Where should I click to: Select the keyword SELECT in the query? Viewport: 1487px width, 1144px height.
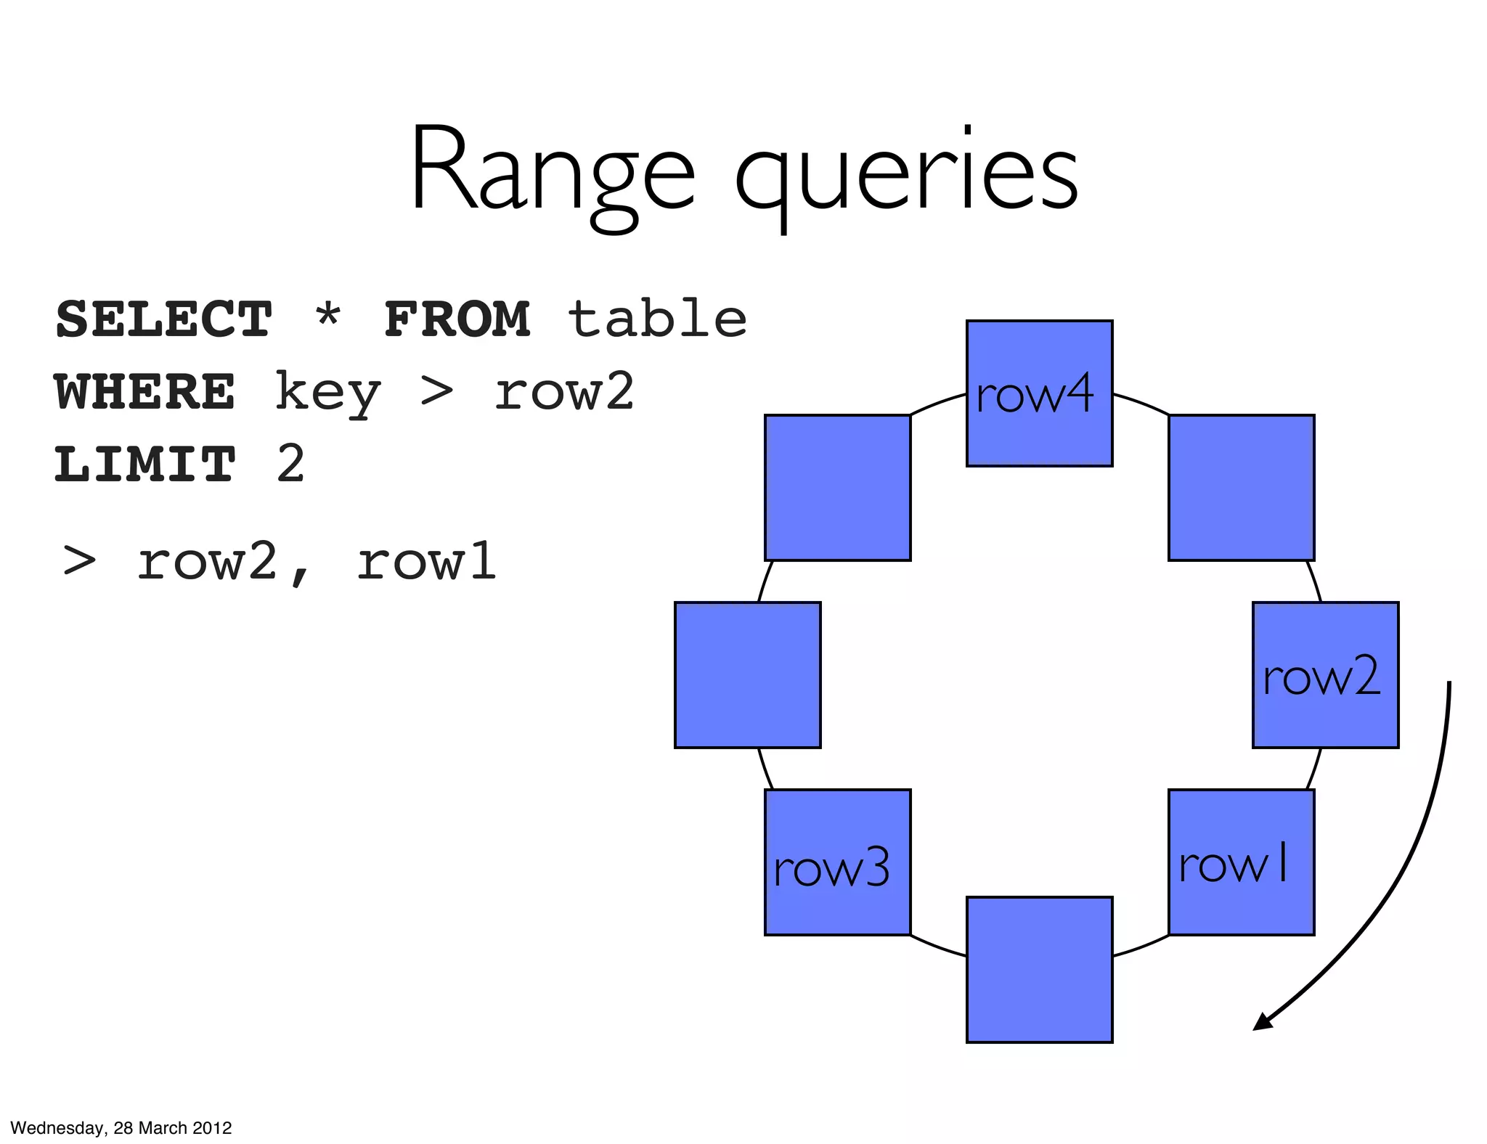click(x=164, y=319)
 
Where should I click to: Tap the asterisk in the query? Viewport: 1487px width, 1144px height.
click(x=328, y=316)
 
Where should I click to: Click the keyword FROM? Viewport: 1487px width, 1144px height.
click(x=457, y=319)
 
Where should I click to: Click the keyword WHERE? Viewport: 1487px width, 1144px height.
click(x=145, y=392)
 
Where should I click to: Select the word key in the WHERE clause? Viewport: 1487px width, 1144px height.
click(x=327, y=393)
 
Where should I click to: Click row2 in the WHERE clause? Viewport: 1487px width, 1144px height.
click(x=564, y=392)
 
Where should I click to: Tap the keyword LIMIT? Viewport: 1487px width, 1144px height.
click(x=145, y=465)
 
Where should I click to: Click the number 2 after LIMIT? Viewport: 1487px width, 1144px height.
click(x=290, y=464)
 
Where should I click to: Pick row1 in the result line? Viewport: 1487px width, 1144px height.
click(x=427, y=562)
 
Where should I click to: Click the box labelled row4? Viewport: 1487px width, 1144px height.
click(x=1039, y=393)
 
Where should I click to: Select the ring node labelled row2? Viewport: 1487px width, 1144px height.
click(x=1325, y=675)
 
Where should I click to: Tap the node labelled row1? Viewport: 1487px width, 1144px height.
click(x=1241, y=862)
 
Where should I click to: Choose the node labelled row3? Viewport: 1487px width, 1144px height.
click(x=837, y=862)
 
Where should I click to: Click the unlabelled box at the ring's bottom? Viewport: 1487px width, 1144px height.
click(x=1039, y=970)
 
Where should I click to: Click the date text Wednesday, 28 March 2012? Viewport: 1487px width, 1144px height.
click(x=121, y=1128)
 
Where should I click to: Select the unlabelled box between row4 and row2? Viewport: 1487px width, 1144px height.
click(x=1241, y=488)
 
